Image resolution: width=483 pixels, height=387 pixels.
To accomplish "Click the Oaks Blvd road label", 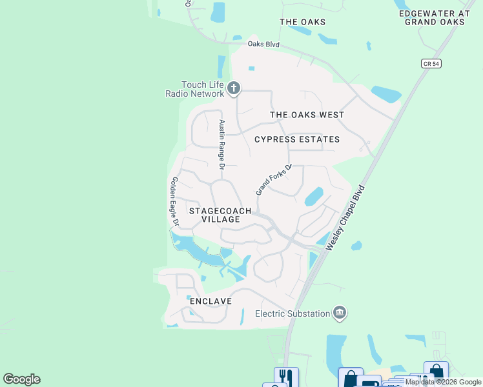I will pos(263,44).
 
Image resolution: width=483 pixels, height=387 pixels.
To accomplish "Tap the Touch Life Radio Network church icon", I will pos(234,88).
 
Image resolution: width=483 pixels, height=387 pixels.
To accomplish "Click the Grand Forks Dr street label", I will pos(274,179).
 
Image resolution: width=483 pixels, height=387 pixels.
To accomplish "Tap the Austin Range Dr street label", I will pos(221,144).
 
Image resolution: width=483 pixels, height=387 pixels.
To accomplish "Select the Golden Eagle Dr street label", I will pos(174,201).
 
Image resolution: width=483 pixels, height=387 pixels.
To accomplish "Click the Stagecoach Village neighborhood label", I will pos(215,215).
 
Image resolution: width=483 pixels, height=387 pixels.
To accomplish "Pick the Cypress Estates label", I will pos(297,139).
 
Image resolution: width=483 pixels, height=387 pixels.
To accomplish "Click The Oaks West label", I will pos(307,115).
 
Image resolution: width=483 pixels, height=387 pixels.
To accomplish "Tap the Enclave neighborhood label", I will pos(210,301).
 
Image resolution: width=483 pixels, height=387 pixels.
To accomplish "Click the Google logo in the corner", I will pos(21,379).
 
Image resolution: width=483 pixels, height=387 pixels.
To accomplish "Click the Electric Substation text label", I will pos(293,314).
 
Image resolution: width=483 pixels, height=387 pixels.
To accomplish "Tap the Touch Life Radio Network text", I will pos(194,89).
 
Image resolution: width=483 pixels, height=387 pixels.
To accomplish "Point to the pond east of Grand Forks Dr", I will pos(313,195).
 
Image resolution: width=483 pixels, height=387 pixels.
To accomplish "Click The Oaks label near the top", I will pos(302,22).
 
